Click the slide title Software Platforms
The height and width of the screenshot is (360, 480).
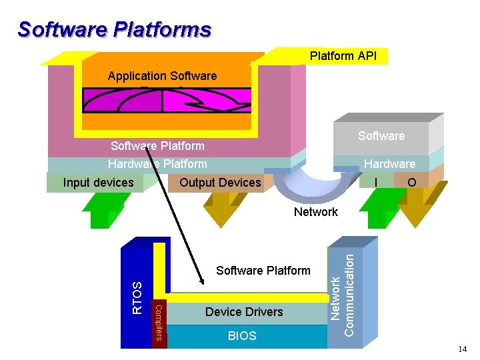[x=114, y=30]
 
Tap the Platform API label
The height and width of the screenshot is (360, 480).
[x=343, y=56]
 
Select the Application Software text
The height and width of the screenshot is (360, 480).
[x=162, y=76]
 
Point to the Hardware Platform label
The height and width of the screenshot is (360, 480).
[x=157, y=164]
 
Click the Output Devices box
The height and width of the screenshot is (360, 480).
[x=220, y=183]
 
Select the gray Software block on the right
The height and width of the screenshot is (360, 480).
[x=381, y=137]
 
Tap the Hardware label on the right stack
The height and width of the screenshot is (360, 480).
[x=389, y=164]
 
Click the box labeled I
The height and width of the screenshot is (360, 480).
[x=377, y=182]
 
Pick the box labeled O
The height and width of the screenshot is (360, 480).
[x=411, y=182]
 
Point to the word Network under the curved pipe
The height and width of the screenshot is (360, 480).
[x=315, y=212]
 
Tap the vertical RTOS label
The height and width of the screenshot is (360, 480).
[x=137, y=297]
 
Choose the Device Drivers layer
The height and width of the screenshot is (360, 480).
[x=243, y=312]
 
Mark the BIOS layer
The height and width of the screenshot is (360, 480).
[x=241, y=336]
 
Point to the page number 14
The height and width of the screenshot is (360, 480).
[x=463, y=349]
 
